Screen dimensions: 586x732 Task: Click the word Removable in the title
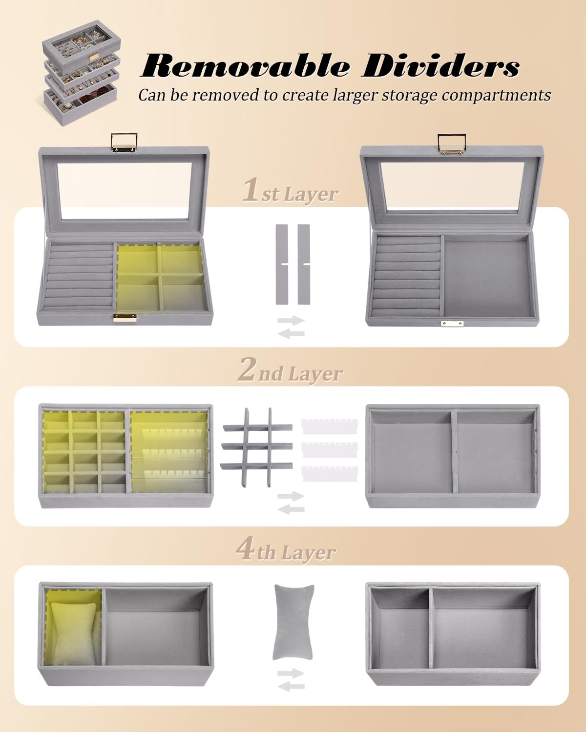pyautogui.click(x=246, y=65)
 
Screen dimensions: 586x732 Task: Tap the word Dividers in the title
pyautogui.click(x=440, y=65)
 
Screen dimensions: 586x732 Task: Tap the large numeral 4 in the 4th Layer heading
pyautogui.click(x=245, y=549)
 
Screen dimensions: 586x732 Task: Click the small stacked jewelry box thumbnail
pyautogui.click(x=82, y=72)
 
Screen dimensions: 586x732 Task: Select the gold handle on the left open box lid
pyautogui.click(x=124, y=144)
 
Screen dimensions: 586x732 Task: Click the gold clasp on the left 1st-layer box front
pyautogui.click(x=125, y=318)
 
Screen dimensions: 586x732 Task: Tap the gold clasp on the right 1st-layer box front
pyautogui.click(x=452, y=324)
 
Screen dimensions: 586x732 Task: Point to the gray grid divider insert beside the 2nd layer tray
pyautogui.click(x=257, y=447)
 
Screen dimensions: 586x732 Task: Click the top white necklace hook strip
pyautogui.click(x=330, y=427)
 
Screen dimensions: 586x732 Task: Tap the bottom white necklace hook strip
pyautogui.click(x=330, y=473)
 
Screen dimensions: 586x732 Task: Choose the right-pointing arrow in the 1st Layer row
pyautogui.click(x=291, y=320)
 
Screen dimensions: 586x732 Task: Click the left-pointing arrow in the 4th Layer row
pyautogui.click(x=291, y=687)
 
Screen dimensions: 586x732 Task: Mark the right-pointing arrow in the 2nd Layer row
pyautogui.click(x=291, y=496)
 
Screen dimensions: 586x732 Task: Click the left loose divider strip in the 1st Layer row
pyautogui.click(x=282, y=264)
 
